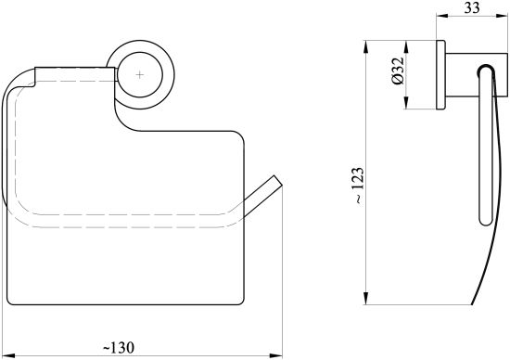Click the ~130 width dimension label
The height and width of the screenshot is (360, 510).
pyautogui.click(x=119, y=348)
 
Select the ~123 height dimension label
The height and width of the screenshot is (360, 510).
pyautogui.click(x=359, y=186)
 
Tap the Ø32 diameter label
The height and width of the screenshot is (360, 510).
pyautogui.click(x=398, y=71)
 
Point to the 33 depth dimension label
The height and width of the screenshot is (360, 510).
pyautogui.click(x=472, y=7)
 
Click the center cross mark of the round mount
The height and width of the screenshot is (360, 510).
pyautogui.click(x=139, y=75)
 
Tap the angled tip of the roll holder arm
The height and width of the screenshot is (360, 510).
pyautogui.click(x=279, y=181)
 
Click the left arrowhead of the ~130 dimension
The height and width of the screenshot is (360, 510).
pyautogui.click(x=8, y=355)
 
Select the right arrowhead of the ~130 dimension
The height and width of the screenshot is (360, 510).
pyautogui.click(x=276, y=355)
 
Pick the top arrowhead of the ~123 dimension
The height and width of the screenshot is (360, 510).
pyautogui.click(x=366, y=46)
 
